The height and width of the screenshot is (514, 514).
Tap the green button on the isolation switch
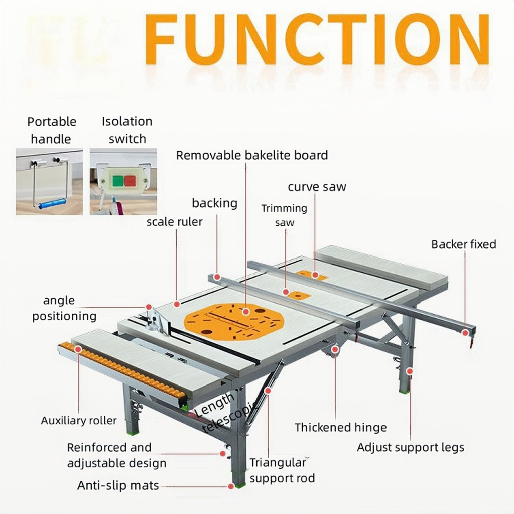[x=118, y=181]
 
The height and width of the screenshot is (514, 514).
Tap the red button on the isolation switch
[x=131, y=181]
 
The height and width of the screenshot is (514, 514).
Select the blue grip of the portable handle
[x=52, y=203]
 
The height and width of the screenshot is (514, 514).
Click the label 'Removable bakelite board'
[x=251, y=155]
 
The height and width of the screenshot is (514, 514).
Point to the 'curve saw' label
[x=317, y=187]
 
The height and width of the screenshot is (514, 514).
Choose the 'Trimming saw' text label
[x=284, y=215]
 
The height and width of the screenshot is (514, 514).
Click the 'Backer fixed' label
[x=463, y=244]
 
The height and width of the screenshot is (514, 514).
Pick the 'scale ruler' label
[x=175, y=221]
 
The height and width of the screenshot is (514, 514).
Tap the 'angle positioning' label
[x=64, y=308]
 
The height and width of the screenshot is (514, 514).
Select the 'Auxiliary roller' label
[x=79, y=420]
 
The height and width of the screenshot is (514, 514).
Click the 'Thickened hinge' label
[x=340, y=427]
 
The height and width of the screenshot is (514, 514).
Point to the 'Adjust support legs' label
[x=410, y=447]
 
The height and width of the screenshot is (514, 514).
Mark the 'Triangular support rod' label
[x=282, y=470]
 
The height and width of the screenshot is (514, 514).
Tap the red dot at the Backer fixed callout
[x=465, y=332]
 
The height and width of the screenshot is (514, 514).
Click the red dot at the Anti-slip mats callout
[x=230, y=486]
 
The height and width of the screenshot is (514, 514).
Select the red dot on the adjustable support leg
[x=409, y=371]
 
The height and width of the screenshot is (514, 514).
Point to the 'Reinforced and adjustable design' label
[x=116, y=455]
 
